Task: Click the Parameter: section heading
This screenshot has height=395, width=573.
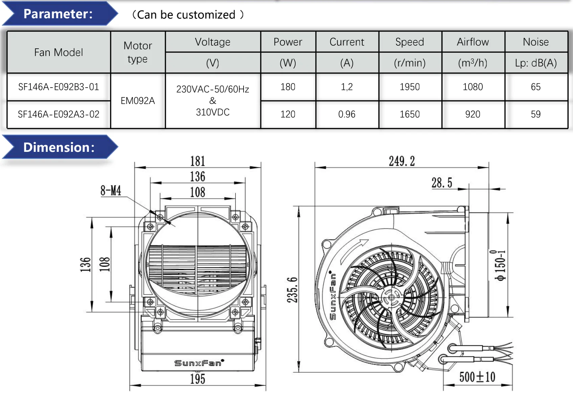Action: pos(58,14)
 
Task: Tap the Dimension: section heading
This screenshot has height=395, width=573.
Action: pos(59,147)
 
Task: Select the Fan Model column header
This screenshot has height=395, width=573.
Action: pos(59,52)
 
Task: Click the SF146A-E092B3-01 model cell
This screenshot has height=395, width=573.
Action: pos(59,87)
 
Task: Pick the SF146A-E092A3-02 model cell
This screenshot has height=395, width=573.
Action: pos(59,114)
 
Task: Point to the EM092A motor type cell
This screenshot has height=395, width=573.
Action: pos(138,101)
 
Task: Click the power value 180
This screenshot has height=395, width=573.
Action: pos(288,87)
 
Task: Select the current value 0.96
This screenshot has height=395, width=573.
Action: pos(347,114)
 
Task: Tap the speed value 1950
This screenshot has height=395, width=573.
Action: pos(410,87)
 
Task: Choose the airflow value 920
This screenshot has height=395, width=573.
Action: pos(473,114)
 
